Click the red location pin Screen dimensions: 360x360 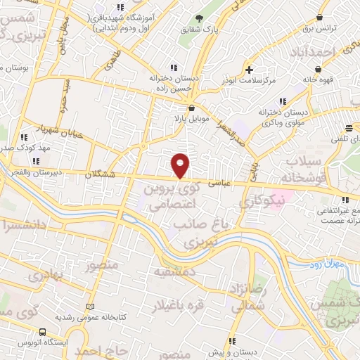pyautogui.click(x=181, y=165)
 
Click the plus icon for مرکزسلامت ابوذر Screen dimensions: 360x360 pyautogui.click(x=250, y=70)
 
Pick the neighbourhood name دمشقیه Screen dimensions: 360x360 pyautogui.click(x=171, y=271)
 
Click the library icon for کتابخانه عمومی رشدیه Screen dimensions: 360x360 pyautogui.click(x=89, y=307)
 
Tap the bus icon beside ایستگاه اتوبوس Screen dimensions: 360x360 pyautogui.click(x=42, y=332)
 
